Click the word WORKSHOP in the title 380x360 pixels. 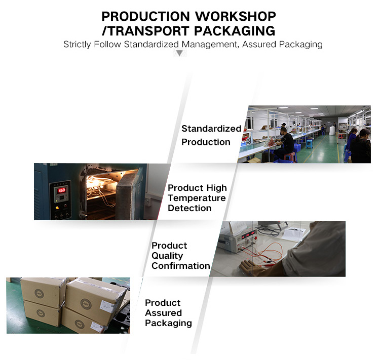[235, 17]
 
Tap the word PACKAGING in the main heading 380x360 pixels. [235, 31]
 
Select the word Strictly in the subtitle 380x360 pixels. [77, 45]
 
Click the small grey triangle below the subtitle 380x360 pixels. [179, 53]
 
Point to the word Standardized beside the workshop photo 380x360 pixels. [211, 129]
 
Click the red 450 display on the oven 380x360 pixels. [61, 190]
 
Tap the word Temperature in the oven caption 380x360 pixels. [197, 198]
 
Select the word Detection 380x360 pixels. [189, 208]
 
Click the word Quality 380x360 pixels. [167, 256]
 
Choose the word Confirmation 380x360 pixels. [181, 266]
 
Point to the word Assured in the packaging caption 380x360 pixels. [163, 313]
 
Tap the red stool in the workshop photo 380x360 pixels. [290, 156]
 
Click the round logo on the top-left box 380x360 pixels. [39, 293]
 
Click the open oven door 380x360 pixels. [127, 192]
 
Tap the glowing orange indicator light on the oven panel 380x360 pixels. [57, 208]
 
